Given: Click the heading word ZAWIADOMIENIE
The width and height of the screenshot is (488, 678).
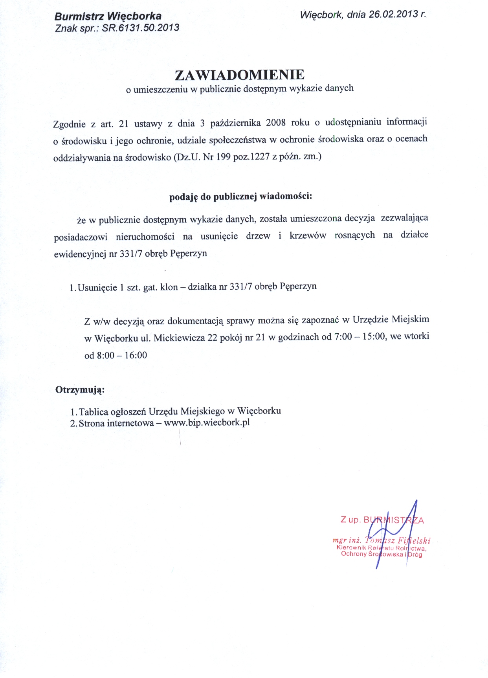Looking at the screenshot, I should coord(239,75).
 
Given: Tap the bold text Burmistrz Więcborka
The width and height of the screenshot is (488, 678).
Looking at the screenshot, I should coord(108,16).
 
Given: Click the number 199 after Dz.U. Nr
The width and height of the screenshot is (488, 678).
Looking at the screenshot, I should coord(224,157).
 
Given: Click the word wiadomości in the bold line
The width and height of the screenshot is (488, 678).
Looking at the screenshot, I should coord(286,196).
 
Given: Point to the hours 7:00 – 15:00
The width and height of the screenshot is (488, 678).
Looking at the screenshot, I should coord(359,337).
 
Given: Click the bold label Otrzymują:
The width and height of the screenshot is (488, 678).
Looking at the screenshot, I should coord(80,390).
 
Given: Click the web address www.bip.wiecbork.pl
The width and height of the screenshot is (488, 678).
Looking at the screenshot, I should coord(207,423).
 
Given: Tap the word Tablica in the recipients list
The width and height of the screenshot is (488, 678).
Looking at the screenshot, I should coord(94,412).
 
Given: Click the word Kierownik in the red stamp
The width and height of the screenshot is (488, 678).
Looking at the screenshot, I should coord(351,548).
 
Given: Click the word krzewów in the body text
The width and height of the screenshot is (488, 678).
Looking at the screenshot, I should coord(308,235).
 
